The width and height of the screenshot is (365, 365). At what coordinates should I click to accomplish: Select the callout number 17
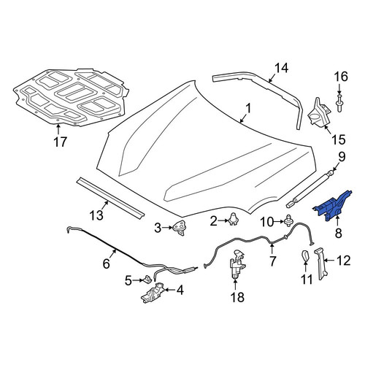click(60, 142)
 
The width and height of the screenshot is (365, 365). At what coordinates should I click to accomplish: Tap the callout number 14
click(282, 68)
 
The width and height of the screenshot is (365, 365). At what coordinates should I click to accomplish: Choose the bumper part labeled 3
click(180, 228)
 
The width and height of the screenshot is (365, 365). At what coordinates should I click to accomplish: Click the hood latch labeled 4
click(153, 292)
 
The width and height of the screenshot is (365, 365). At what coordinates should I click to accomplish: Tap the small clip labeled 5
click(147, 279)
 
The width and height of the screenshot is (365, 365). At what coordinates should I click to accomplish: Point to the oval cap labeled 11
click(306, 256)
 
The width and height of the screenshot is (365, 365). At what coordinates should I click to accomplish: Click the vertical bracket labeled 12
click(321, 264)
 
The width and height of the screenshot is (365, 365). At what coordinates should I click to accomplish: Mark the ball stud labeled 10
click(289, 220)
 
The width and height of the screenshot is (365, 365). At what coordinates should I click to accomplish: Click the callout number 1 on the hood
click(248, 109)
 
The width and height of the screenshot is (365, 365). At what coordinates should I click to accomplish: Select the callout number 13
click(96, 215)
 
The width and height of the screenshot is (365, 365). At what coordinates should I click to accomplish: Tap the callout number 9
click(342, 157)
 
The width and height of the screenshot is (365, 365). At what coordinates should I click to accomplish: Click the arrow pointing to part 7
click(272, 249)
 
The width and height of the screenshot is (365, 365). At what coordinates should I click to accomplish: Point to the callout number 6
click(107, 264)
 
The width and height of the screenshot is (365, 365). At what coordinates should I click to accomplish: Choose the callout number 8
click(339, 233)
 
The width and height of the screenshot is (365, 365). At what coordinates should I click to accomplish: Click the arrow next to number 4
click(169, 290)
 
